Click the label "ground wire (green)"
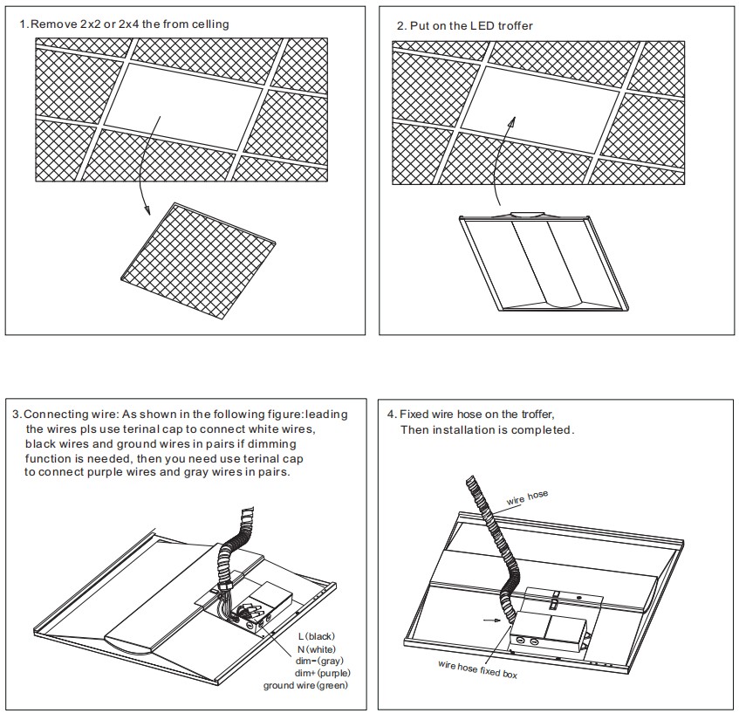[305, 685]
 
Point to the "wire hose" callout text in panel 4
[527, 497]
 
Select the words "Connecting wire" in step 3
[64, 414]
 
